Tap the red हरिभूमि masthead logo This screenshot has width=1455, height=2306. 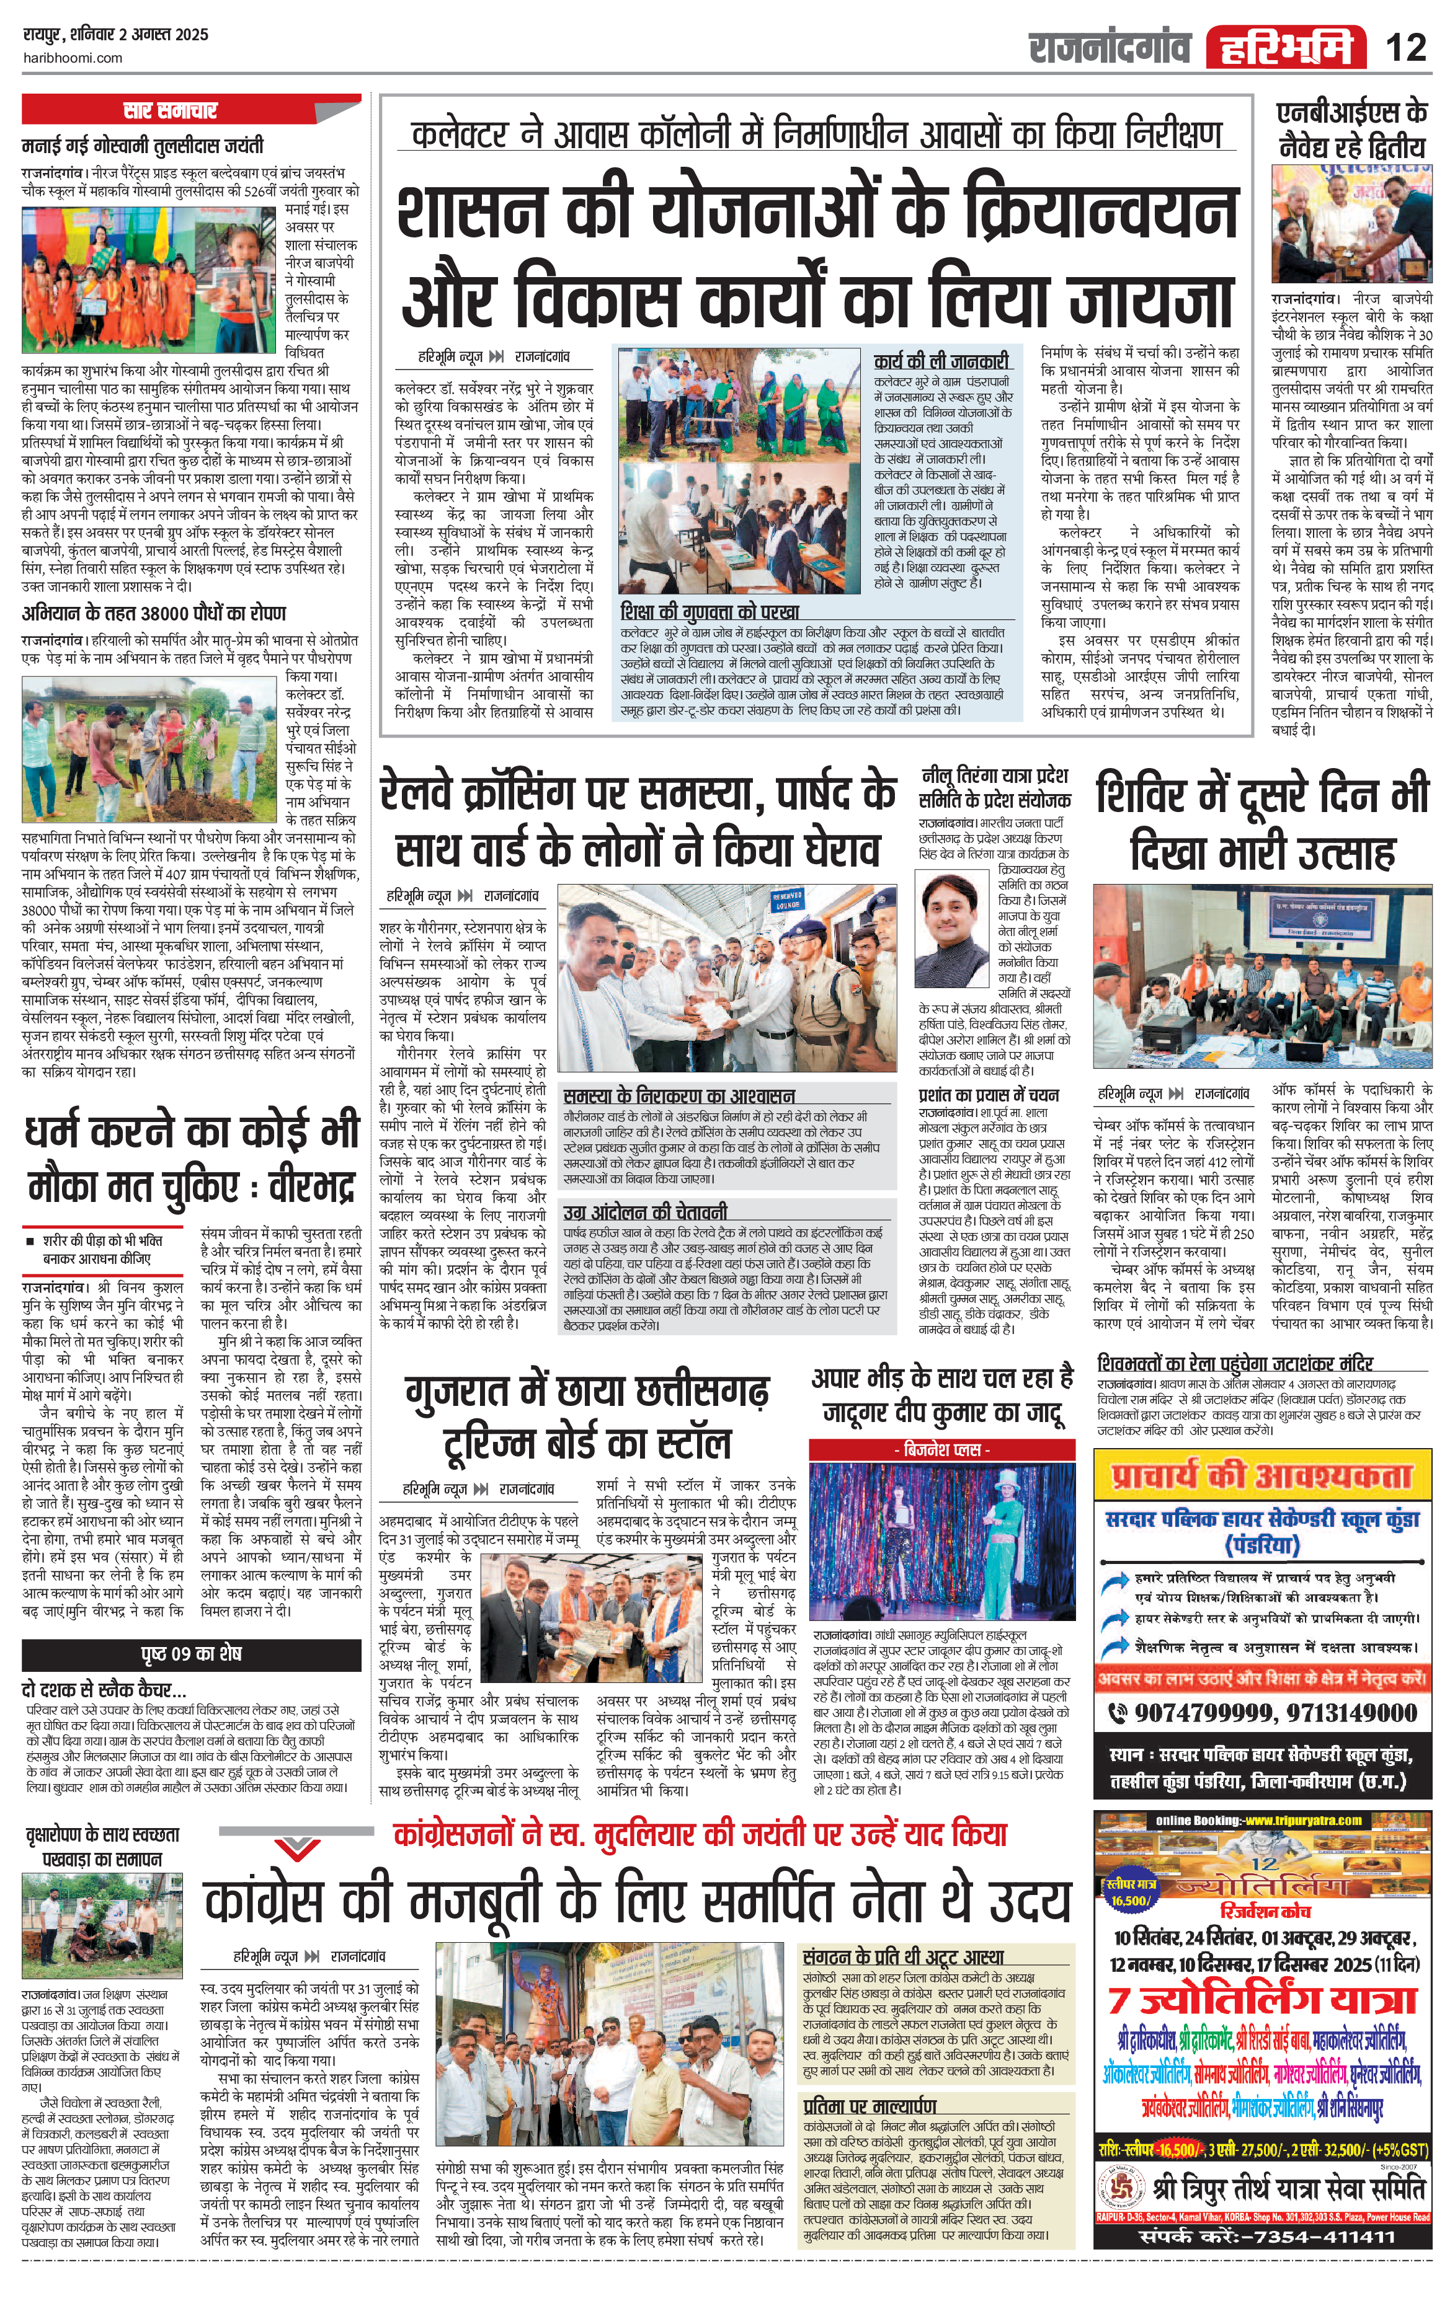[x=1286, y=47]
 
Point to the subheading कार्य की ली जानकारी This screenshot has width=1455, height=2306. [x=941, y=361]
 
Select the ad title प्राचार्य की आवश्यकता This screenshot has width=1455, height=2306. [x=1263, y=1476]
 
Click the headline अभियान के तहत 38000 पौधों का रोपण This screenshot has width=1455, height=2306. [x=153, y=613]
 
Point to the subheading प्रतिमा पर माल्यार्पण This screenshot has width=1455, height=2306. [x=870, y=2105]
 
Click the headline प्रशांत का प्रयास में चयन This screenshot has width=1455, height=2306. [x=989, y=1095]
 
